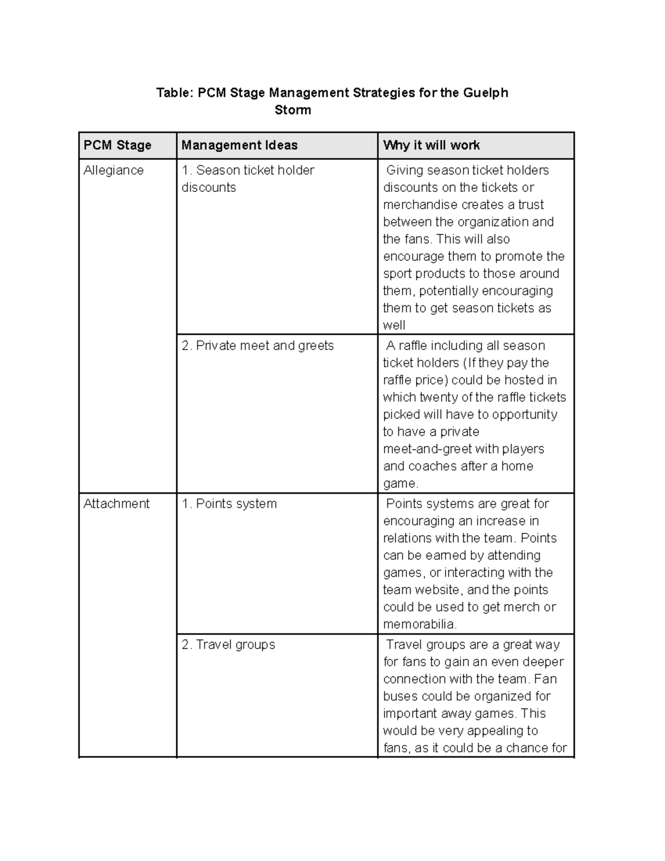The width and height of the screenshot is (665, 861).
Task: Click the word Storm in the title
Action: coord(293,110)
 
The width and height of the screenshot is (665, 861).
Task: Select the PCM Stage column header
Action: coord(117,145)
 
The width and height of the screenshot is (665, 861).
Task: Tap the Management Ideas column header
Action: coord(239,145)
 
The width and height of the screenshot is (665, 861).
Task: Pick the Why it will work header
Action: coord(431,145)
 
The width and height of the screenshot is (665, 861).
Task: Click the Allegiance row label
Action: coord(113,170)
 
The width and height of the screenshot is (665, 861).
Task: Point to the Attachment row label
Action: coord(116,503)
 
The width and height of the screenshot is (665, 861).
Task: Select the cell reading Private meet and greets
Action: coord(258,345)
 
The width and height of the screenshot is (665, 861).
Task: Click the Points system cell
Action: coord(229,503)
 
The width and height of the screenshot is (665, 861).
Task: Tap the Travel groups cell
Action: coord(228,644)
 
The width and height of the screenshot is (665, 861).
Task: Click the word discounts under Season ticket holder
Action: coord(208,187)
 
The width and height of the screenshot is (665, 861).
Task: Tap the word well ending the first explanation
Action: coord(394,325)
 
